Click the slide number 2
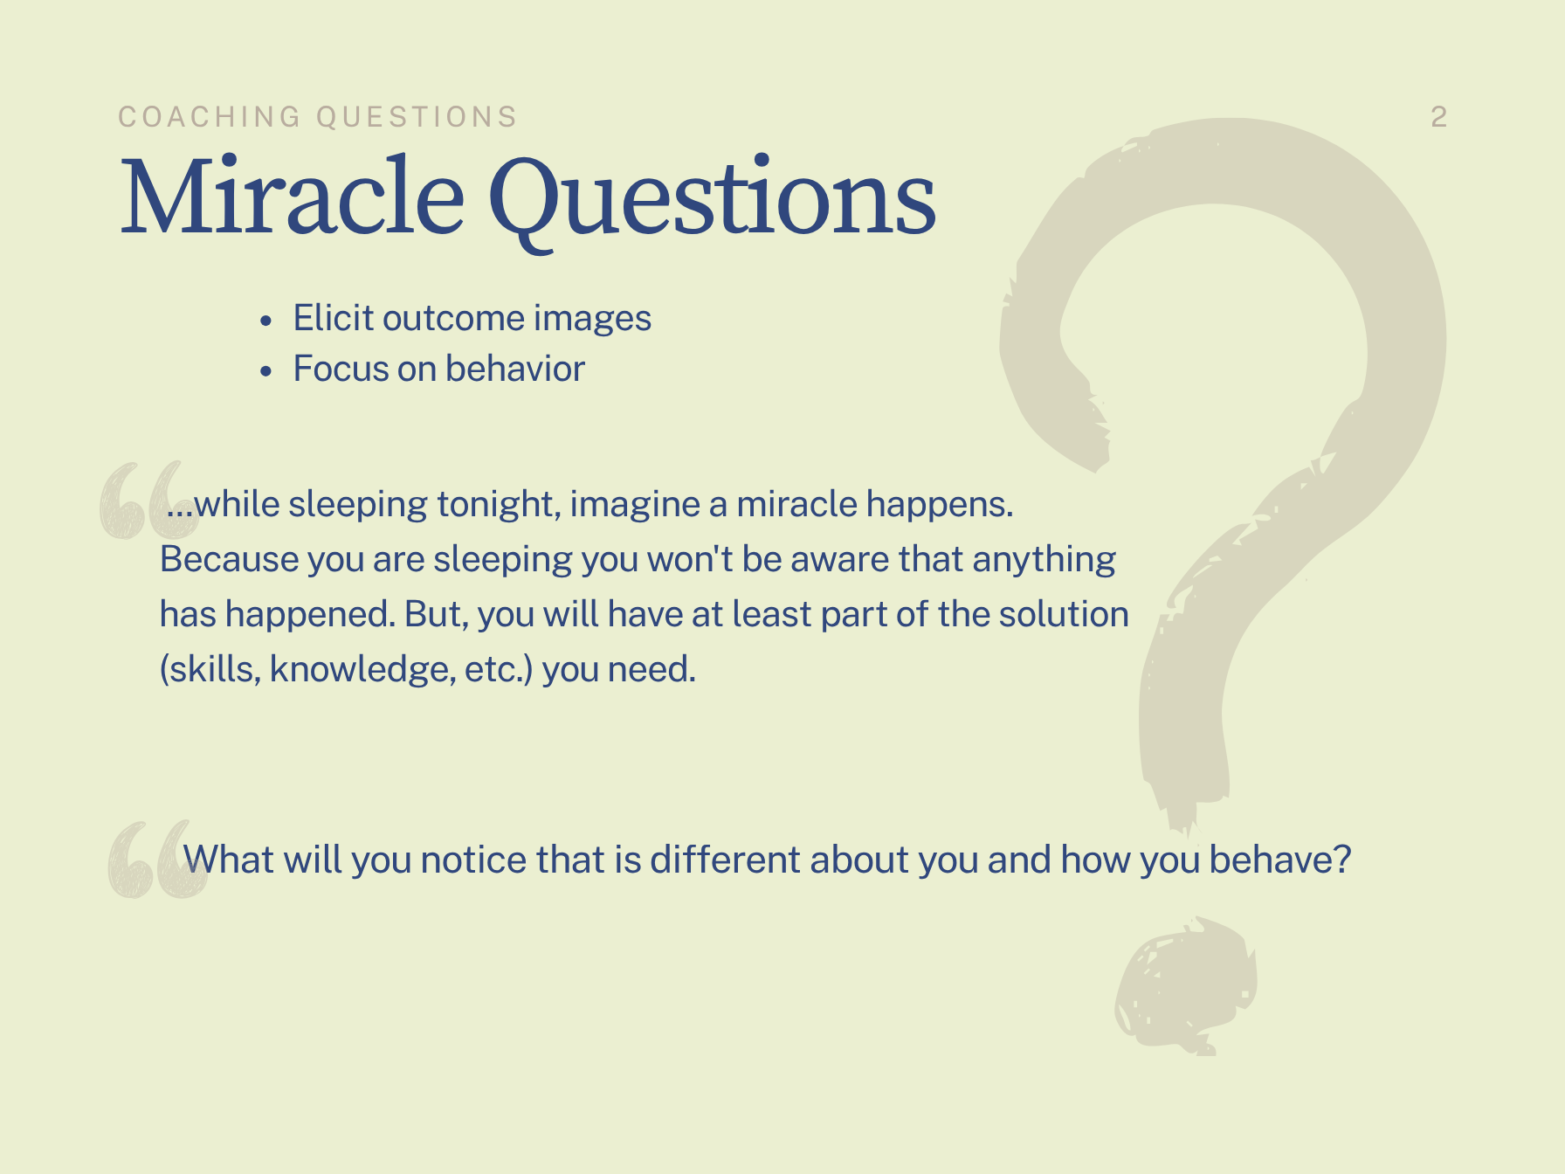[1439, 117]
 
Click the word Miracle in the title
[292, 196]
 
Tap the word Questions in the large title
[712, 202]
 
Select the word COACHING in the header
[210, 117]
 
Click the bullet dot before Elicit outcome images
[266, 321]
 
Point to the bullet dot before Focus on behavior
[266, 371]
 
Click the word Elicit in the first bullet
[334, 318]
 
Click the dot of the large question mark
[1186, 985]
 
